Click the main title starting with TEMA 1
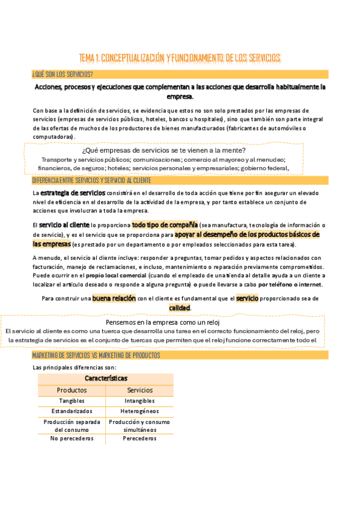180,58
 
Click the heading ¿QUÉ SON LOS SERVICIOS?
62,75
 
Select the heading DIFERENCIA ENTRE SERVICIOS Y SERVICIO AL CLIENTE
91,180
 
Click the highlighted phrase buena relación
114,298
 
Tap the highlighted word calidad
180,307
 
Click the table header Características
106,378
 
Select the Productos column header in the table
72,390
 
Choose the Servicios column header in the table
139,390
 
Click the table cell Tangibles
72,401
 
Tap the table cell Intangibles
139,401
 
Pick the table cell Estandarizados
72,411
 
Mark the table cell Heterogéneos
139,411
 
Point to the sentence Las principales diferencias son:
74,367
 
